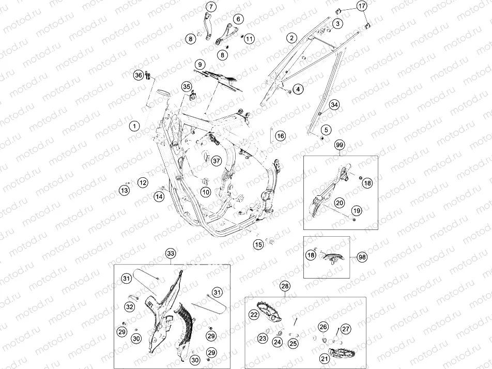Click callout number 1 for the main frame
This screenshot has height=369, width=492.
[x=134, y=126]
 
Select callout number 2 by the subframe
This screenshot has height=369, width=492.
[x=291, y=38]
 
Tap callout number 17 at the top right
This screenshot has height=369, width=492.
[x=362, y=6]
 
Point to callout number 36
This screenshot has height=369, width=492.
[x=139, y=75]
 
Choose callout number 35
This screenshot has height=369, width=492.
[x=187, y=86]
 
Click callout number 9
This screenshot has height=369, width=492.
[x=199, y=65]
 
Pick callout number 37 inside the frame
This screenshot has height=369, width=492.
[x=216, y=161]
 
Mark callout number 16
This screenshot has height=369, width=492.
[x=281, y=136]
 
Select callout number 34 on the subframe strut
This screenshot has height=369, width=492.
[x=334, y=104]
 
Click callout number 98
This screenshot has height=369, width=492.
[x=362, y=257]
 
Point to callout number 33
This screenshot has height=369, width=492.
[x=171, y=253]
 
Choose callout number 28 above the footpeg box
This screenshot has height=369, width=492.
[x=285, y=286]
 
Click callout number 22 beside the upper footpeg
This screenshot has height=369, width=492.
[x=254, y=314]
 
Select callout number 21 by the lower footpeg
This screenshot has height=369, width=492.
[x=325, y=358]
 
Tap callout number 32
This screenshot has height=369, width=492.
[x=130, y=307]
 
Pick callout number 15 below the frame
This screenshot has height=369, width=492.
[x=259, y=244]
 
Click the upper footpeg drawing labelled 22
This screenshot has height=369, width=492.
[x=270, y=311]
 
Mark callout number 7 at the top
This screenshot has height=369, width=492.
[x=210, y=6]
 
